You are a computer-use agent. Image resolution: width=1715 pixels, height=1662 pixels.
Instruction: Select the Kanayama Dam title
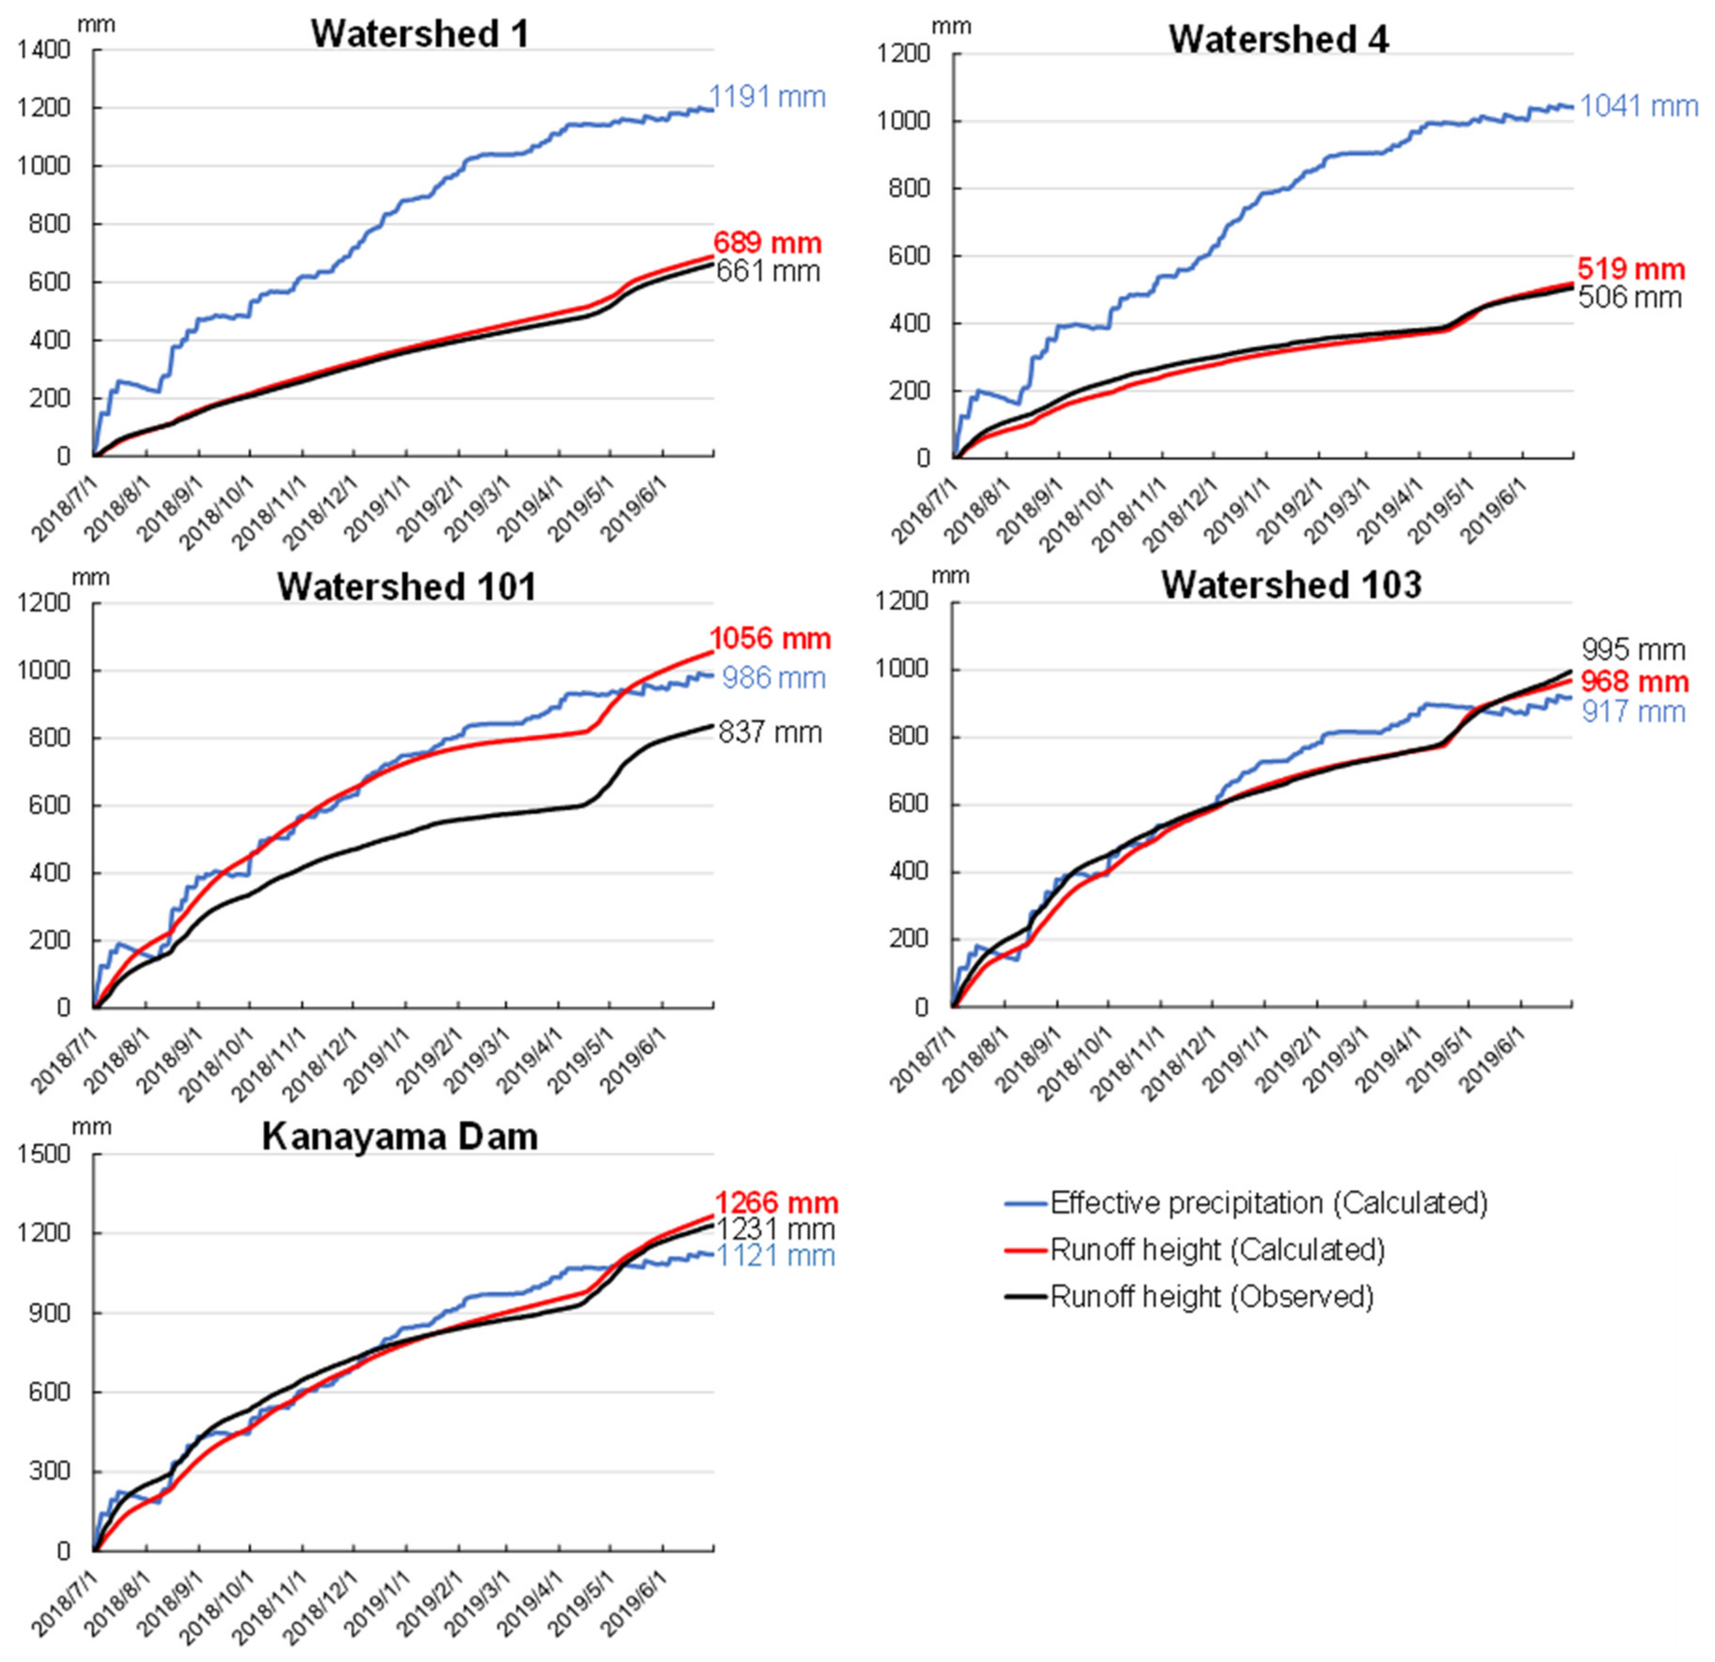click(x=400, y=1136)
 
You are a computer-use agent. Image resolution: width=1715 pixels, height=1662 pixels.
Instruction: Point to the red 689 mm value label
click(x=767, y=243)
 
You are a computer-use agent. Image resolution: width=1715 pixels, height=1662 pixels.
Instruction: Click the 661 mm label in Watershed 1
click(x=768, y=271)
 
